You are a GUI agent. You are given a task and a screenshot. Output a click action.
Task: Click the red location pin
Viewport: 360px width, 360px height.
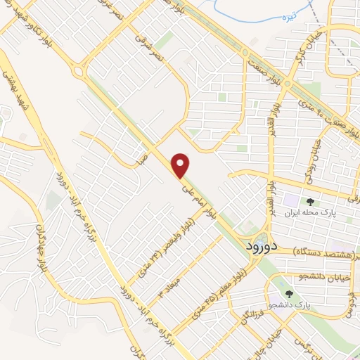pos(181,165)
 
